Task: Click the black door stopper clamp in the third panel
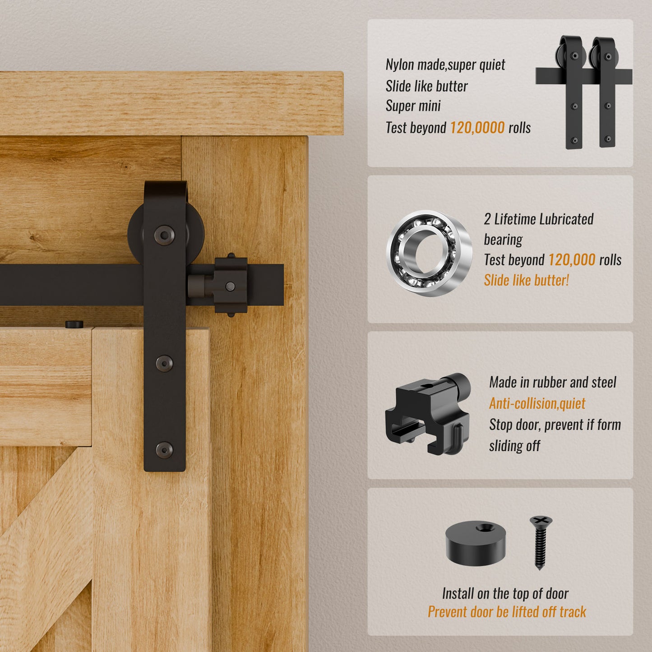(x=428, y=413)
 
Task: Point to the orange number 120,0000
(x=477, y=128)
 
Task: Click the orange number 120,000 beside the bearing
(x=572, y=260)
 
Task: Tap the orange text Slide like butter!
(x=526, y=280)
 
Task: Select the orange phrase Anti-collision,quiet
(x=537, y=403)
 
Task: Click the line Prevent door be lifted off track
(x=506, y=612)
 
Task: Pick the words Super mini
(x=413, y=106)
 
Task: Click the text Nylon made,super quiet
(x=445, y=65)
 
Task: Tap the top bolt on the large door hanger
(x=164, y=235)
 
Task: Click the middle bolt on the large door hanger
(x=164, y=363)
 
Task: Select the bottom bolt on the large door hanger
(x=164, y=450)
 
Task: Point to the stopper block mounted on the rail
(x=224, y=285)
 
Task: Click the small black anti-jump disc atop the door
(x=74, y=324)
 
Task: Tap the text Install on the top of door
(x=505, y=593)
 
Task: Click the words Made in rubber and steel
(x=552, y=383)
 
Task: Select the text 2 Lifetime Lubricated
(x=538, y=219)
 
